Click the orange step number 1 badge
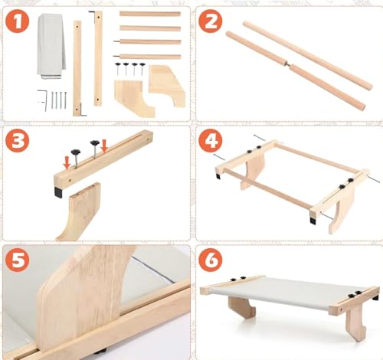(x=18, y=21)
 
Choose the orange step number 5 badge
(x=18, y=260)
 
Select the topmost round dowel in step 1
(x=149, y=14)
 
